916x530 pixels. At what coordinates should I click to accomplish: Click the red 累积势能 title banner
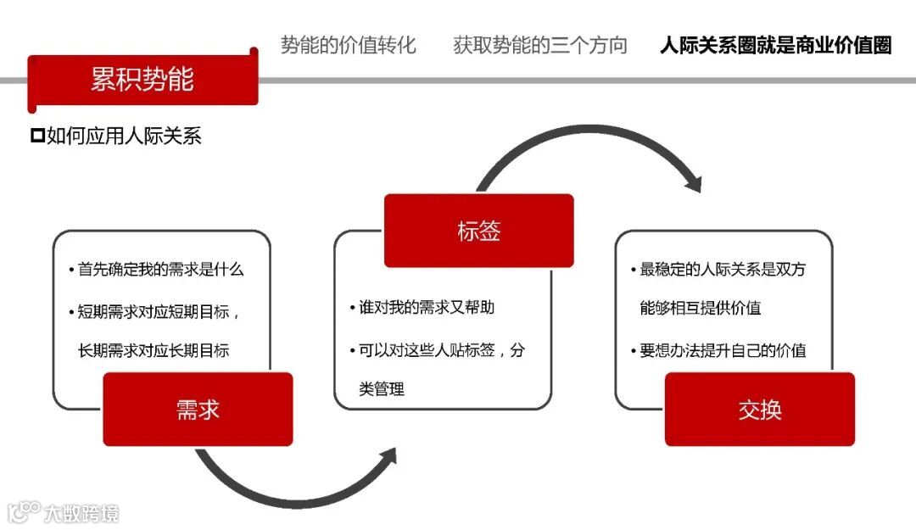tap(142, 79)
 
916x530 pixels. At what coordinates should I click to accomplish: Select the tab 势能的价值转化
tap(348, 45)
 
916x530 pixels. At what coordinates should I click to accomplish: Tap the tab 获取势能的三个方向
tap(540, 45)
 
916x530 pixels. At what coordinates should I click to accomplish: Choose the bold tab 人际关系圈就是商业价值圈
tap(775, 45)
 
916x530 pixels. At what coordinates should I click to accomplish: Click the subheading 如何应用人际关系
tap(124, 136)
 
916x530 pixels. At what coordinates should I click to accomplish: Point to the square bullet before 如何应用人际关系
tap(36, 135)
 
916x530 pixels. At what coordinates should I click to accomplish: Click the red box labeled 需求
tap(198, 410)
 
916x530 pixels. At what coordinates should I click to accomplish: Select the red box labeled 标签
tap(478, 231)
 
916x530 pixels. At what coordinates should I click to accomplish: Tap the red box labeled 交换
tap(759, 410)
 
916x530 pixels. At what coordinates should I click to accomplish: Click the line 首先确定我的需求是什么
tap(160, 270)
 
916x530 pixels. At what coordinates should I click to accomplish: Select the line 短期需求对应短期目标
tap(159, 311)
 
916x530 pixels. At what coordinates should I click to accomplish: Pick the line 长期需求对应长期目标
tap(154, 350)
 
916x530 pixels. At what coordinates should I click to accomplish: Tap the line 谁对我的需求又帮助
tap(426, 307)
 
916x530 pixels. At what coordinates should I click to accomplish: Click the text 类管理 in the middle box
tap(382, 389)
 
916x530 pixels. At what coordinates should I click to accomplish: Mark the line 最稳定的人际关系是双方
tap(722, 270)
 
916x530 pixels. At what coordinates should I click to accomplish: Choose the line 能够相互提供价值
tap(701, 308)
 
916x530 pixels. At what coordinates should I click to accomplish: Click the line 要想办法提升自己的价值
tap(722, 350)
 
